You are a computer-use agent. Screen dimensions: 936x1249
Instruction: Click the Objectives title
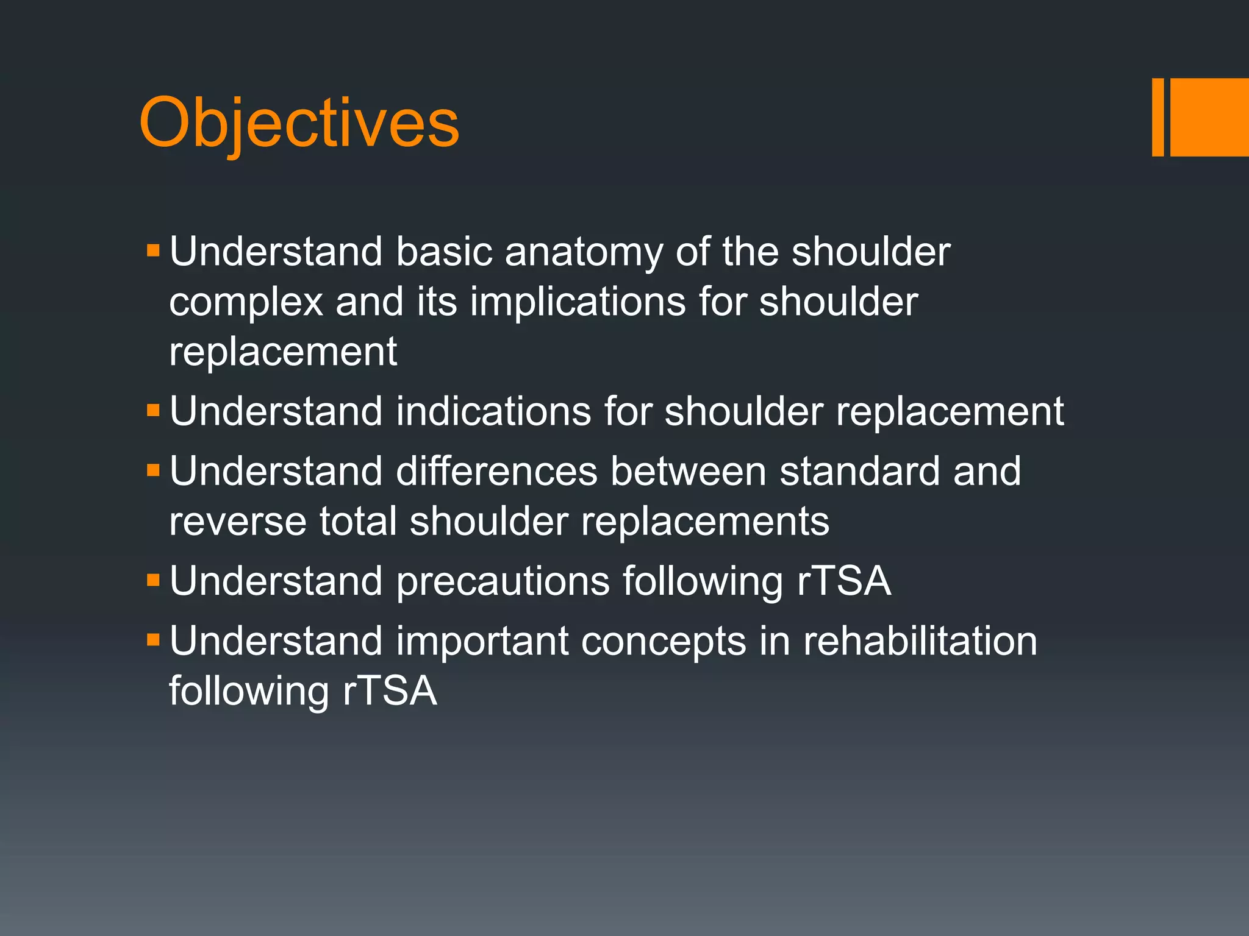[299, 123]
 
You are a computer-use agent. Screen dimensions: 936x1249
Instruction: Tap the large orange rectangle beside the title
[1209, 117]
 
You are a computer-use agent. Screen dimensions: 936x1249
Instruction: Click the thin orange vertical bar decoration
[1158, 117]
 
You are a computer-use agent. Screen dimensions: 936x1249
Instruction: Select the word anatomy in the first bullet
[583, 252]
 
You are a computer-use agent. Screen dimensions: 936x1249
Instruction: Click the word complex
[246, 303]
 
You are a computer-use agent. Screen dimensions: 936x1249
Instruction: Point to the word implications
[578, 302]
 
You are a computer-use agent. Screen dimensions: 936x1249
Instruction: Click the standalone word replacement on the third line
[283, 352]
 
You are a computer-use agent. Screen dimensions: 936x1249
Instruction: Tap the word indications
[493, 411]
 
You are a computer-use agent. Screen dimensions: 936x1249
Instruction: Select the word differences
[496, 471]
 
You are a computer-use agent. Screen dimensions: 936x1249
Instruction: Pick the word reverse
[237, 522]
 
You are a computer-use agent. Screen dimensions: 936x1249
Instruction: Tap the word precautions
[503, 581]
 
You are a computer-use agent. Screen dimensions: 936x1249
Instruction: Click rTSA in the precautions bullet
[844, 581]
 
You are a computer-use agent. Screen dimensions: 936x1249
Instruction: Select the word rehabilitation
[920, 641]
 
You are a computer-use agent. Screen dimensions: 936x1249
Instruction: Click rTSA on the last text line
[390, 691]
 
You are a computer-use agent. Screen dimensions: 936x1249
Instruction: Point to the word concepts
[664, 641]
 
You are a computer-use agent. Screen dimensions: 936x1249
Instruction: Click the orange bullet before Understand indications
[153, 410]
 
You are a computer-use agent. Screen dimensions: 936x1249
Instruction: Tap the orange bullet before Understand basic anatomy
[153, 250]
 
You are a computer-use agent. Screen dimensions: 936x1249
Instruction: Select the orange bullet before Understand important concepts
[153, 640]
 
